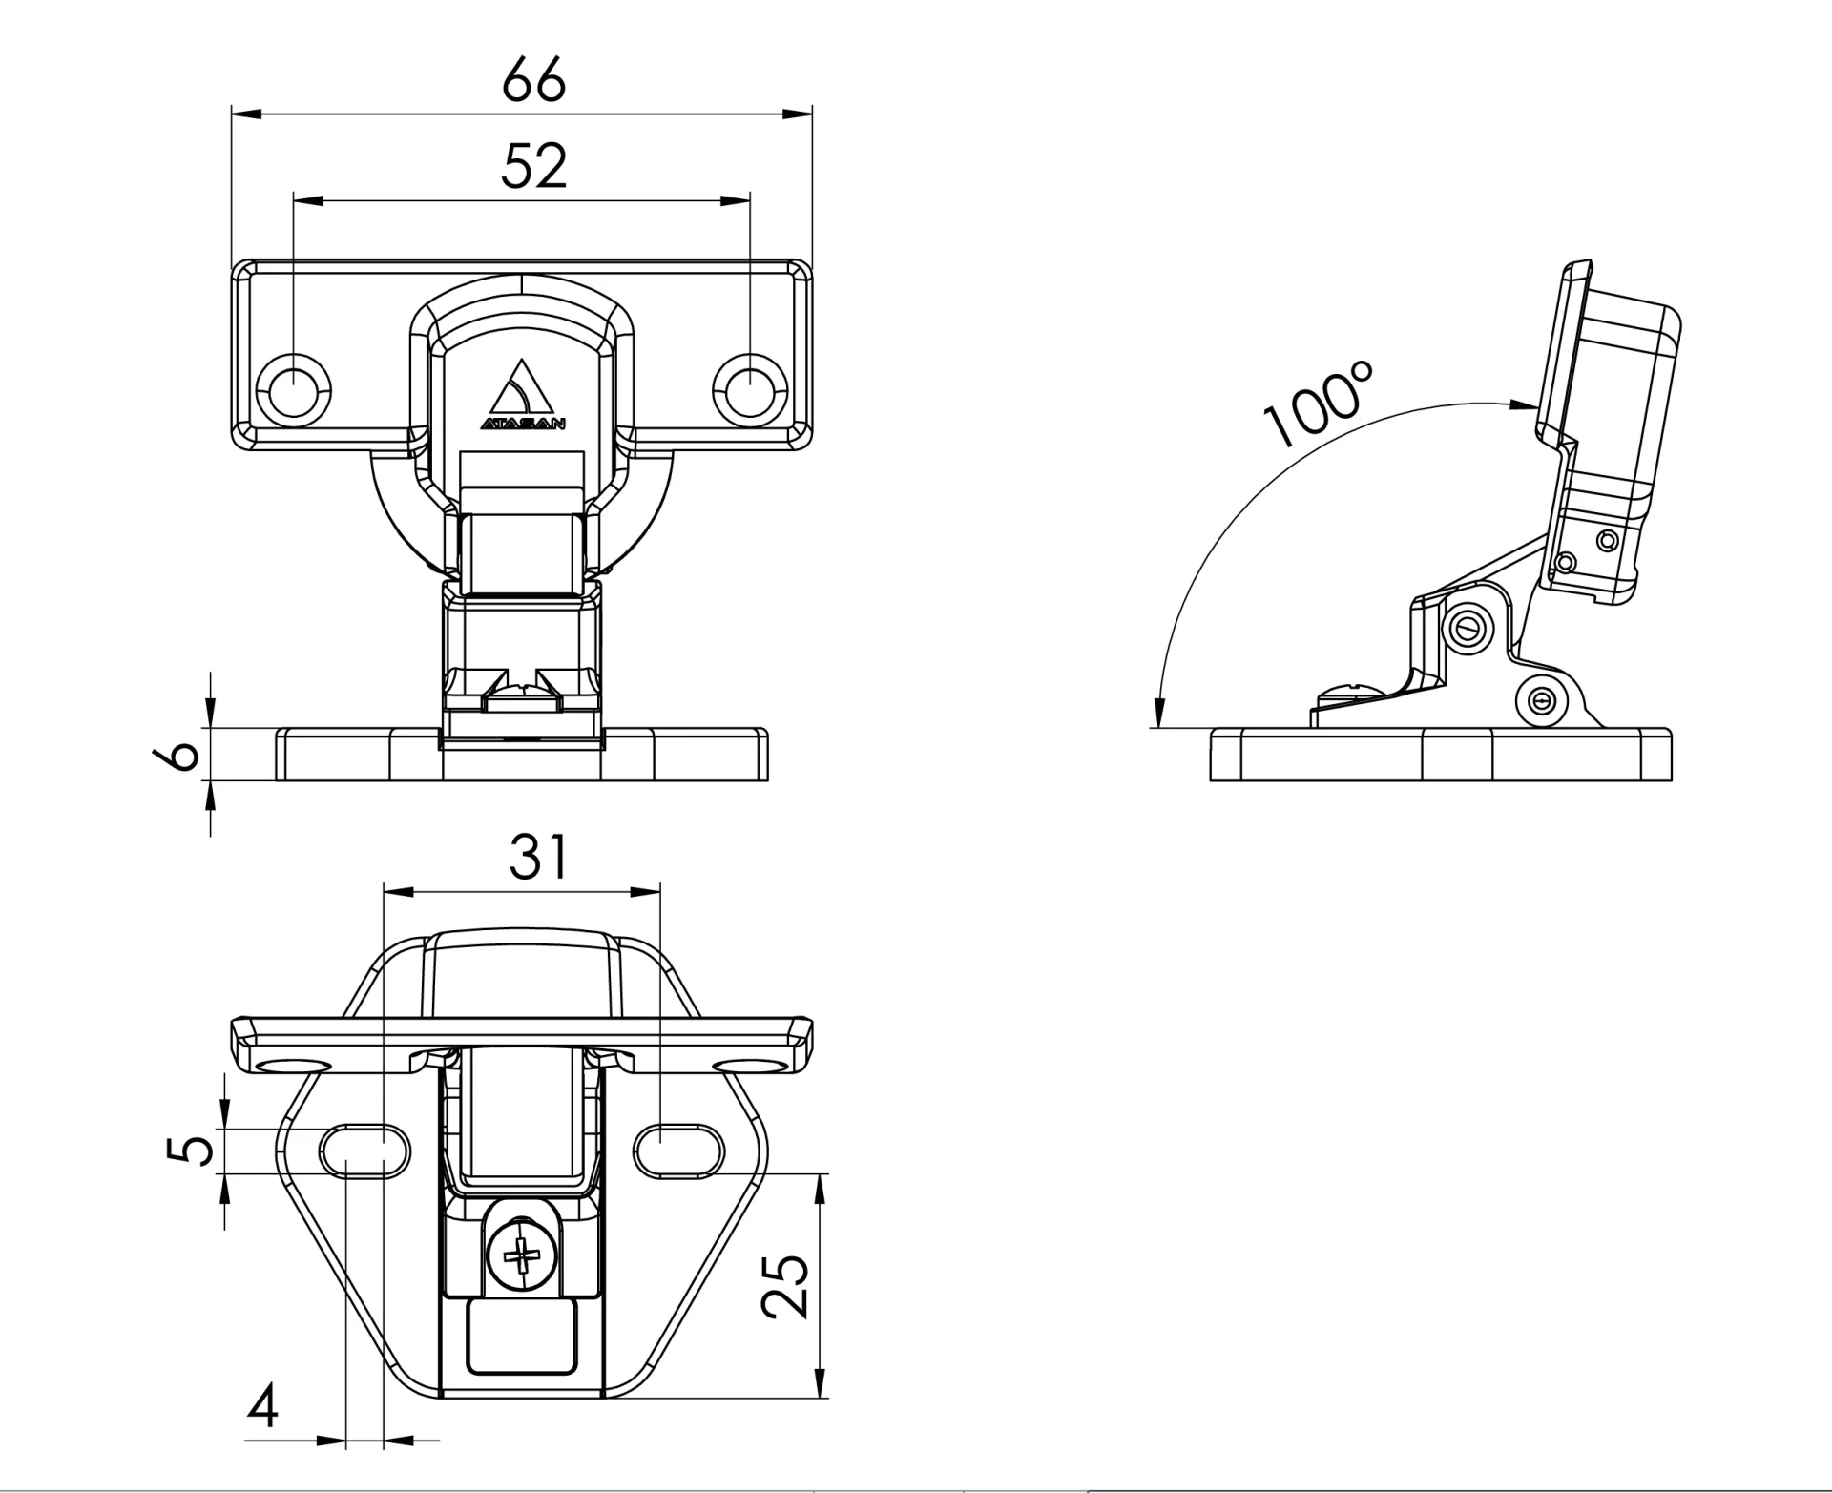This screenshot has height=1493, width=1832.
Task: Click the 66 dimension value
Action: click(533, 80)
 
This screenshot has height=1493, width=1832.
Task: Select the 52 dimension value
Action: click(533, 166)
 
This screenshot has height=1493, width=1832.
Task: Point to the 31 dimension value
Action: click(538, 857)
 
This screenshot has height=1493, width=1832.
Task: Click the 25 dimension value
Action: click(787, 1286)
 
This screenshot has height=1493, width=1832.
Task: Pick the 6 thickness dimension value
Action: click(177, 754)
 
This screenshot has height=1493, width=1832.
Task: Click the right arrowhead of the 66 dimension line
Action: click(798, 114)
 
